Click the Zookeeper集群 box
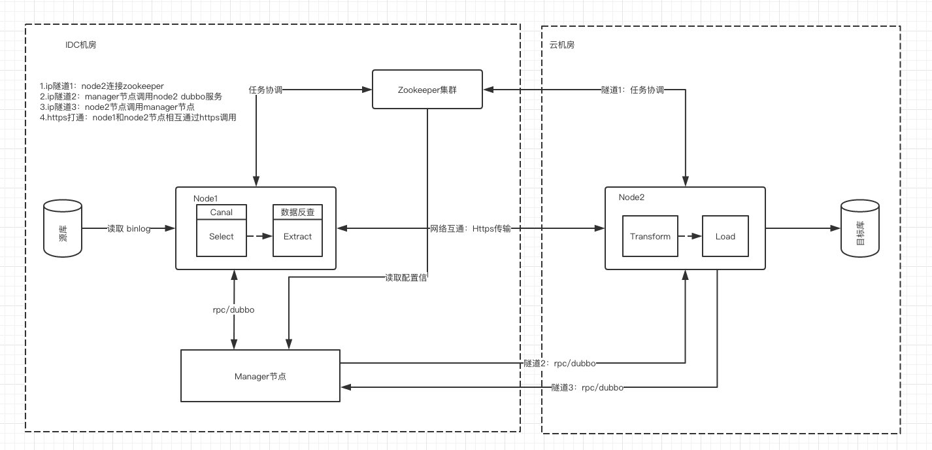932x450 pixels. (427, 89)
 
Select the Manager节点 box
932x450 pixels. (260, 376)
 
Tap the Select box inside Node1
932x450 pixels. (222, 237)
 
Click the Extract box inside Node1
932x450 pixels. (297, 237)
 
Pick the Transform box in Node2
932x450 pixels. (650, 236)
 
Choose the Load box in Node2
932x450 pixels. (725, 236)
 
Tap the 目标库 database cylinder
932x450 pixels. (860, 228)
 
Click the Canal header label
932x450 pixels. (222, 212)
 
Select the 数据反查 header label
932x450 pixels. (297, 212)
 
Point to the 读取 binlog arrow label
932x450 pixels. (129, 229)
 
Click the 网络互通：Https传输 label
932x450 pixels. (470, 229)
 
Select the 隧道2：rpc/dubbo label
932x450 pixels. (559, 363)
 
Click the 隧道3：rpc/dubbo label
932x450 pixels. (587, 388)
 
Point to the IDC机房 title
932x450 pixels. (81, 44)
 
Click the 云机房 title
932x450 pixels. (562, 44)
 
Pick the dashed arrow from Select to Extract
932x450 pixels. (259, 237)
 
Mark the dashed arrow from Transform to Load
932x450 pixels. (690, 236)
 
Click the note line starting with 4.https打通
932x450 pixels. (138, 118)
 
